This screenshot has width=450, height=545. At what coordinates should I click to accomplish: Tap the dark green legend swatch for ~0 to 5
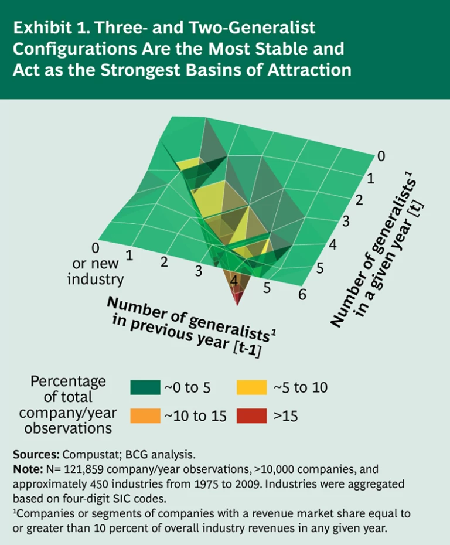coord(145,387)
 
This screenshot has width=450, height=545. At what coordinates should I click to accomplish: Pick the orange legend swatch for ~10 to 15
coord(145,416)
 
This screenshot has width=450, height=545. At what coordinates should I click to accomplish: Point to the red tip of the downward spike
coord(237,299)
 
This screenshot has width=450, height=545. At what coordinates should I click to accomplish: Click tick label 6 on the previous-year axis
coord(302,295)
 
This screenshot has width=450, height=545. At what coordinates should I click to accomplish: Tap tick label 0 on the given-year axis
coord(381,156)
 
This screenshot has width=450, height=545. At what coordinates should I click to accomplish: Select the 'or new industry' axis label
coord(96,271)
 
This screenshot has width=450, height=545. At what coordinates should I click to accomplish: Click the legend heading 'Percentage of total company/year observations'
coord(68,404)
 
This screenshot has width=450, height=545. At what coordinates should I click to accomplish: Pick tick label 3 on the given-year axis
coord(346,222)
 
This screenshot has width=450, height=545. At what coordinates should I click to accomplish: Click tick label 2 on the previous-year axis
coord(165,262)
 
